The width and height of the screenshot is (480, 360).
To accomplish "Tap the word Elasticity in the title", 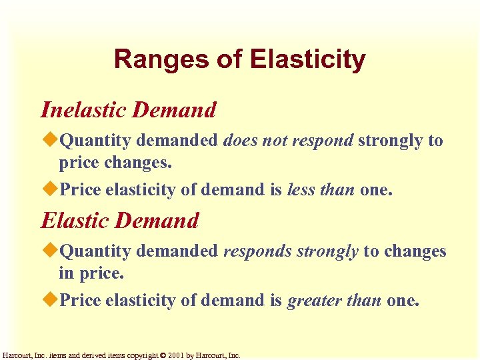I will tap(307, 59).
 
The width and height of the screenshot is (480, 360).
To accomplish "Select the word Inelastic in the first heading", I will tap(84, 110).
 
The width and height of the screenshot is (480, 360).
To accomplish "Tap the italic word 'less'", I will tap(301, 190).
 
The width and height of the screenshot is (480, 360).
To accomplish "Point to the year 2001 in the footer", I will tap(176, 355).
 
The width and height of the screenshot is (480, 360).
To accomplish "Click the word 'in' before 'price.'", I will tap(65, 273).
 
